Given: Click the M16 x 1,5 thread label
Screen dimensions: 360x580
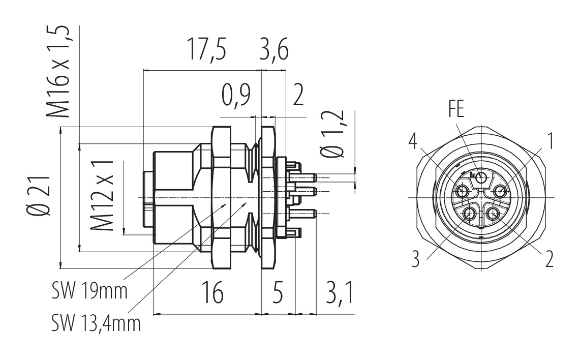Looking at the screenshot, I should pos(57,71).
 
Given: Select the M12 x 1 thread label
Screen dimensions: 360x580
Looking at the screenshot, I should pos(101,197).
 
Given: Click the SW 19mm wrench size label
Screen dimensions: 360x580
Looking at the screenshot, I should pos(89,292).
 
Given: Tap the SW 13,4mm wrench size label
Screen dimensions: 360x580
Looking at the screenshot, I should pos(96,322).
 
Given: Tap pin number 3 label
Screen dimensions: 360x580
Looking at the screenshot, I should pos(416,259).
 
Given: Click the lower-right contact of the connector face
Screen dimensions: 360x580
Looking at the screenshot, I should pos(492,214).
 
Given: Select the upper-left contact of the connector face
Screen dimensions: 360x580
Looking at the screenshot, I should pos(462,192).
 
